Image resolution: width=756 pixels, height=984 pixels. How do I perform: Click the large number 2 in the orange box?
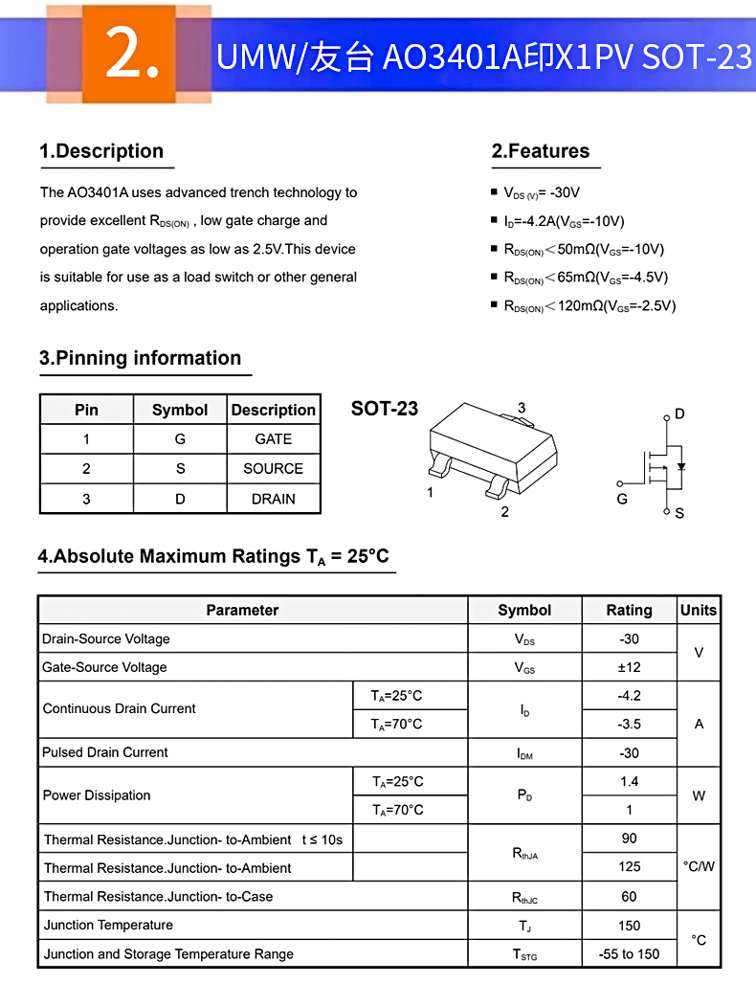tap(132, 56)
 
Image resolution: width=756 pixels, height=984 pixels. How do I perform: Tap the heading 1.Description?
tap(101, 151)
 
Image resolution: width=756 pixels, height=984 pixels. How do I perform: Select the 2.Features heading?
tap(541, 151)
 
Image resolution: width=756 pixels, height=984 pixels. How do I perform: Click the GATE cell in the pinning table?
tap(273, 439)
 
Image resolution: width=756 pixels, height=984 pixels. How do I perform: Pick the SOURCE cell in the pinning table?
tap(273, 469)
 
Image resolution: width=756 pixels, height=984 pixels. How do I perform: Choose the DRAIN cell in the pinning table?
tap(273, 499)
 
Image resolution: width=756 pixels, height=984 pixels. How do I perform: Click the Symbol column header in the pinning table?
tap(180, 410)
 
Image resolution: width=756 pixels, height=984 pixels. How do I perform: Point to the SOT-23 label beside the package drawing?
tap(385, 409)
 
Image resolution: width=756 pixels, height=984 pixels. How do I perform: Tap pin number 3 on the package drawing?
tap(522, 409)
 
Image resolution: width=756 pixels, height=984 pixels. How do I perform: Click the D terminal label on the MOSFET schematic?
tap(679, 414)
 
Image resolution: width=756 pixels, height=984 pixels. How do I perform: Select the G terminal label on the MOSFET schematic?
tap(622, 499)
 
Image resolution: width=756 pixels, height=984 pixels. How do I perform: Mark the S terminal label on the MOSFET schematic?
tap(679, 513)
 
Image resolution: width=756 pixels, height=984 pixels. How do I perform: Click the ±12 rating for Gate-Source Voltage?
tap(629, 667)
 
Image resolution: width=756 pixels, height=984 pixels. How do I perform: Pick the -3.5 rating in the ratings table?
tap(629, 725)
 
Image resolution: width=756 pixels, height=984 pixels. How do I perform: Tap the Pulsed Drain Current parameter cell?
tap(105, 752)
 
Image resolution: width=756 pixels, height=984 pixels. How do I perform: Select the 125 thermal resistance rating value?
tap(629, 867)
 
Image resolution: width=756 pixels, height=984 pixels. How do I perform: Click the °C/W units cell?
tap(699, 866)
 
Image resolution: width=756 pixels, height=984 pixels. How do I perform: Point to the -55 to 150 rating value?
tap(629, 954)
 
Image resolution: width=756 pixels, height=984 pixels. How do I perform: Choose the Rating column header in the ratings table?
tap(629, 611)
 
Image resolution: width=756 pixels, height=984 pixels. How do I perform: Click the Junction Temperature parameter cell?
tap(108, 926)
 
